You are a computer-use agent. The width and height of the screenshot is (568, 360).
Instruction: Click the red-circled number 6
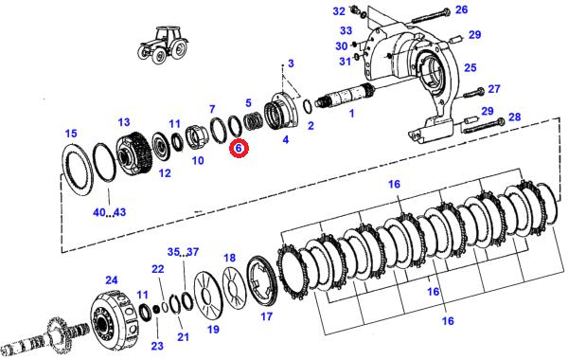239,149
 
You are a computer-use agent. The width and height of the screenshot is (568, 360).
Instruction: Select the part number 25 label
470,68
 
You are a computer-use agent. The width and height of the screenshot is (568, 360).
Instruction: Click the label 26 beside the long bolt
462,9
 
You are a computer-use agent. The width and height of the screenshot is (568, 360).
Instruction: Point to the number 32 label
339,11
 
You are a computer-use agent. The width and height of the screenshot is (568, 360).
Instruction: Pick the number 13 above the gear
123,122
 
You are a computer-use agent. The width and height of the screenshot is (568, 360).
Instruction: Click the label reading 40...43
110,212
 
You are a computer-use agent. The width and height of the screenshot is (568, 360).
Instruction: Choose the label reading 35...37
183,252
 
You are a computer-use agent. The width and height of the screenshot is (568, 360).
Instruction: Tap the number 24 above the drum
112,279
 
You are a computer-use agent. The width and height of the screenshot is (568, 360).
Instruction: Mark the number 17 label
266,316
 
